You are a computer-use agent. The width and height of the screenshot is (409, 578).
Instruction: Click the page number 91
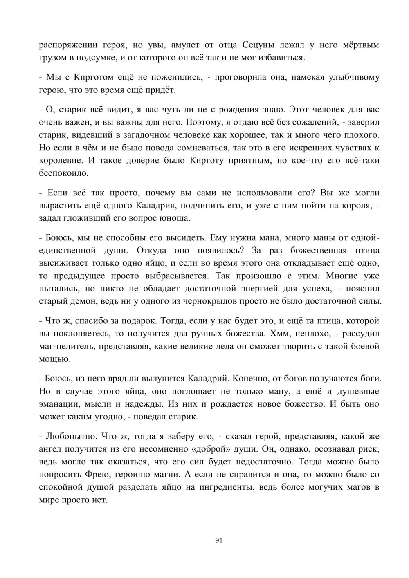[218, 540]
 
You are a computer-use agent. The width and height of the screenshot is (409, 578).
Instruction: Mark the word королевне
[61, 160]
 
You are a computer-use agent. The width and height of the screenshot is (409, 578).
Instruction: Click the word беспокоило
[63, 173]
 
